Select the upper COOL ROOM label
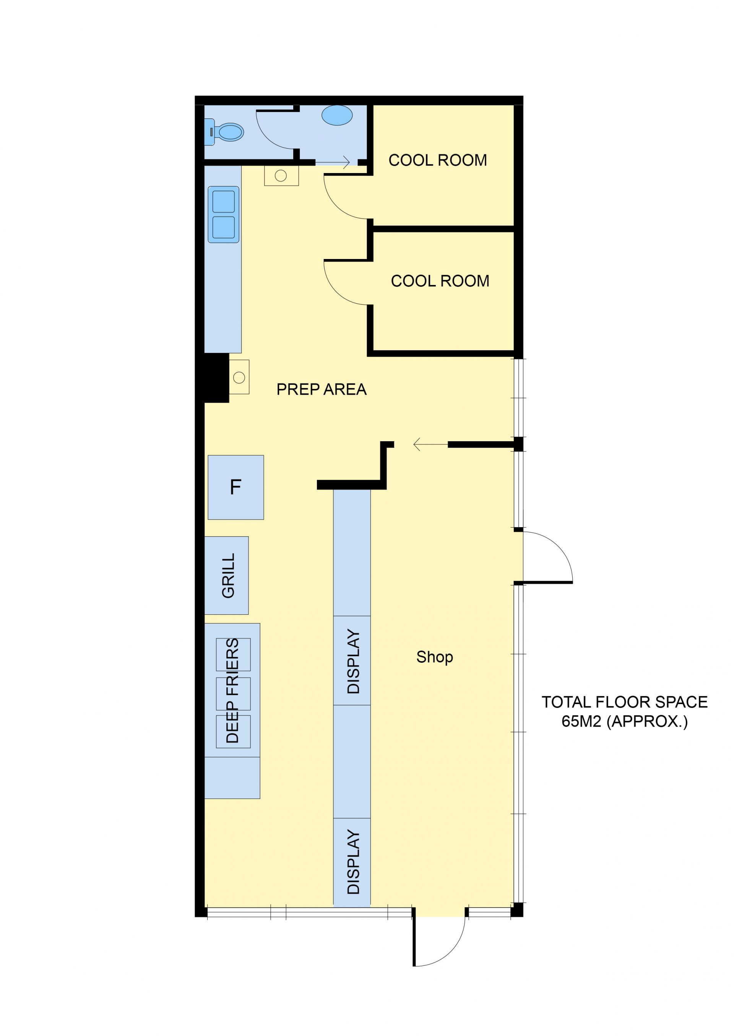tap(437, 160)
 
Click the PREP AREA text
tap(322, 389)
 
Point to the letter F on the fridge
tap(235, 487)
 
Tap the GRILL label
tap(228, 575)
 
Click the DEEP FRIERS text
tap(232, 691)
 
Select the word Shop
tap(434, 657)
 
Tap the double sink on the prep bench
tap(224, 215)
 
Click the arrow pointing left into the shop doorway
tap(430, 444)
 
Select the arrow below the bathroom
tap(333, 162)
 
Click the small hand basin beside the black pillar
tap(239, 377)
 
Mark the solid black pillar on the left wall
tap(216, 377)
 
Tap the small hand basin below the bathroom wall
tap(281, 176)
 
